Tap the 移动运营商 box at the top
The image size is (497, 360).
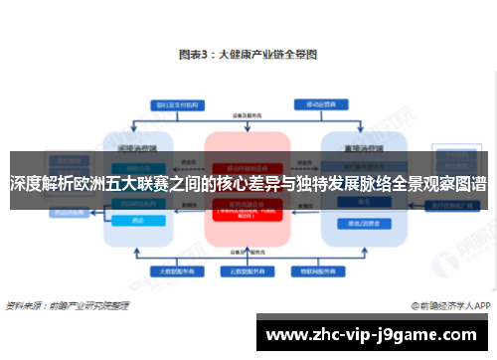click(319, 102)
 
